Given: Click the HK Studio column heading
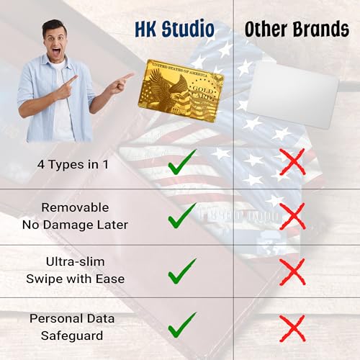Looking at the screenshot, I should [x=175, y=30].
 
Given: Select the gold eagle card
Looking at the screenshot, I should [x=181, y=90].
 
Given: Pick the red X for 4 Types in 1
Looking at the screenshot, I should [x=292, y=163].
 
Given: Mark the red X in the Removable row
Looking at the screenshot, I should [x=292, y=215].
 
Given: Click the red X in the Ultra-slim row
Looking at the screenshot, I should [x=292, y=271].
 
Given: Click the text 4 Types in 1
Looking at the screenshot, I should [x=73, y=164].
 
